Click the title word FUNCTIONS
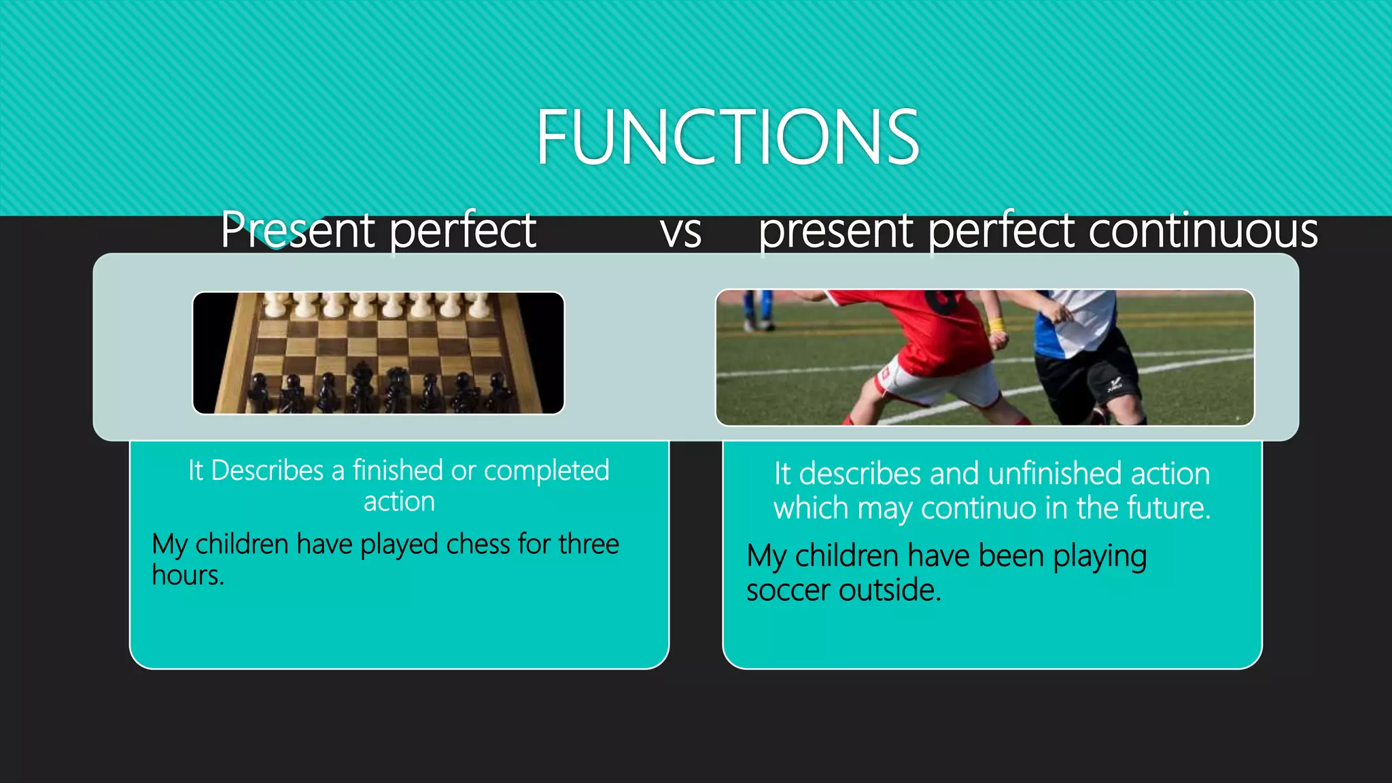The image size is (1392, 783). pyautogui.click(x=727, y=138)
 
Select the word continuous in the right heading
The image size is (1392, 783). pyautogui.click(x=1203, y=231)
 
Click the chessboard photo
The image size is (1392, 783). pyautogui.click(x=379, y=353)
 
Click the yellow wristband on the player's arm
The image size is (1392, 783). pyautogui.click(x=997, y=325)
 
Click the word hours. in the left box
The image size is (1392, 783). pyautogui.click(x=188, y=576)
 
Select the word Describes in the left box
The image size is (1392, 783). pyautogui.click(x=267, y=470)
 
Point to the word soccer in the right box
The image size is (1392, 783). pyautogui.click(x=789, y=590)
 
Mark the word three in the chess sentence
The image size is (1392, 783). pyautogui.click(x=589, y=544)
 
